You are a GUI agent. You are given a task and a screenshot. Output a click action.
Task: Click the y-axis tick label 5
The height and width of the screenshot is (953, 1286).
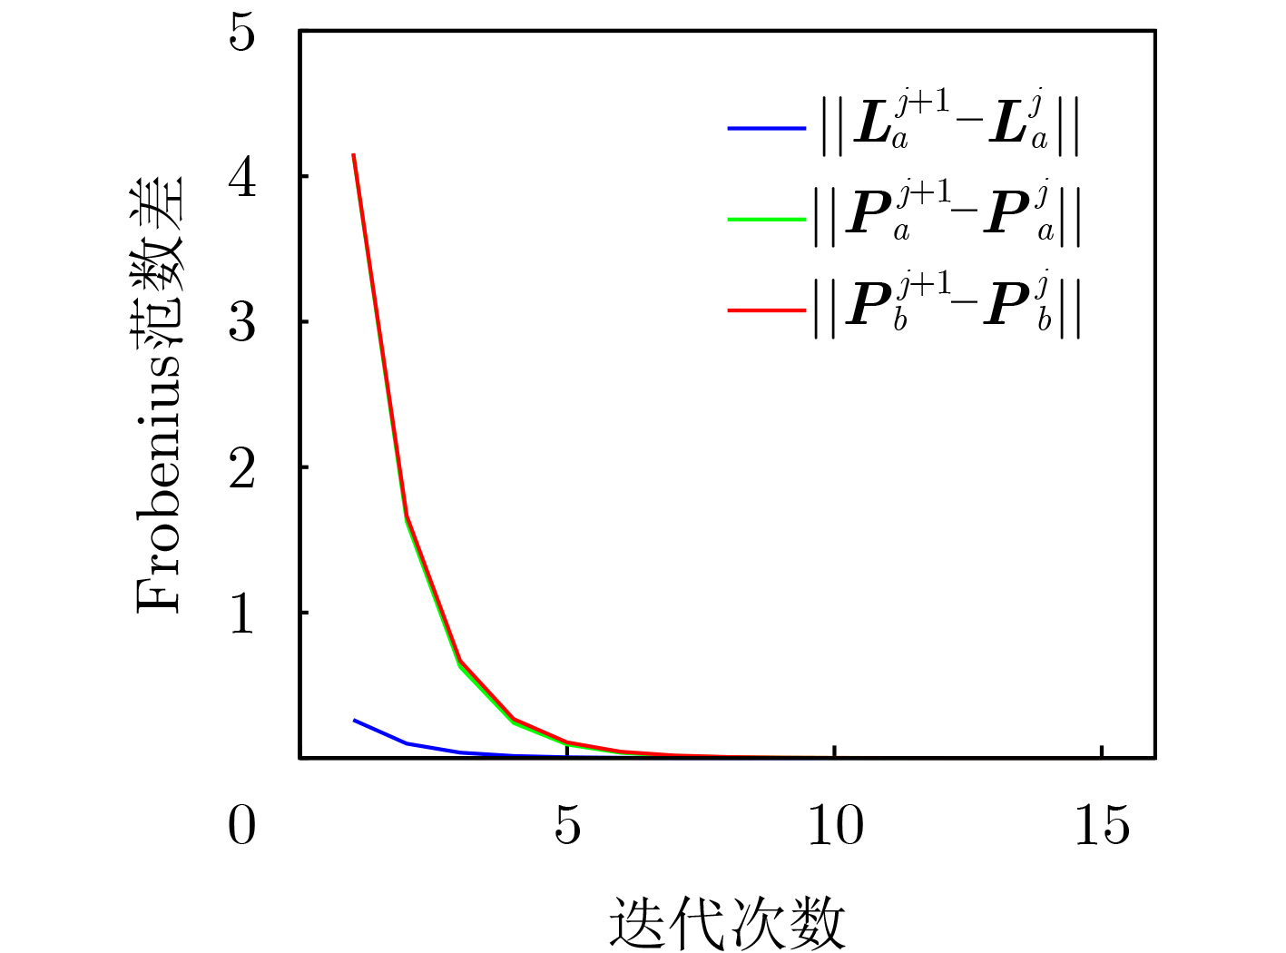(x=241, y=33)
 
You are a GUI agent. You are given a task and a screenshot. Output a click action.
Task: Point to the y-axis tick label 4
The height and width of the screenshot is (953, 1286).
(x=241, y=179)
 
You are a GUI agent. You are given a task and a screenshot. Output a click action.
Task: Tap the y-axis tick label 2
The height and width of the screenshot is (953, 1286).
(x=241, y=468)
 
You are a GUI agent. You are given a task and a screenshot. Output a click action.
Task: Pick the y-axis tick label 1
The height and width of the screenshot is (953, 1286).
(x=241, y=614)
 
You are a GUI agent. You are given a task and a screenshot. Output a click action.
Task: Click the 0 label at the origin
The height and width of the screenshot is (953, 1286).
(x=241, y=825)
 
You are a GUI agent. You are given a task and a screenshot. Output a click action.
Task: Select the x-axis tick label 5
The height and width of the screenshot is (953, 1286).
(x=567, y=825)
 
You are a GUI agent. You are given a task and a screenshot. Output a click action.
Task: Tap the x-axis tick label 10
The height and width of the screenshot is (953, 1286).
(x=836, y=825)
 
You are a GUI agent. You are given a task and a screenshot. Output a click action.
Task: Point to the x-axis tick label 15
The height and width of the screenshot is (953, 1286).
(x=1102, y=825)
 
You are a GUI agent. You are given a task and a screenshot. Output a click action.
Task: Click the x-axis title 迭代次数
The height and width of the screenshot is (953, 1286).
(x=727, y=921)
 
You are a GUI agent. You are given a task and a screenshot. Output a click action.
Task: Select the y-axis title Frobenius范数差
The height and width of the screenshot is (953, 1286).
(x=158, y=394)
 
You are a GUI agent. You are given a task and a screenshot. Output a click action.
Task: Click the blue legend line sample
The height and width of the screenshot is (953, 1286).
(x=767, y=128)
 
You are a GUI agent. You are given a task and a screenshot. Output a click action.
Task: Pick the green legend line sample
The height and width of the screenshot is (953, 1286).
(x=767, y=220)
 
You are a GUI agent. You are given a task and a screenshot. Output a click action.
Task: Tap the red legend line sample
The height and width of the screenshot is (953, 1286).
(x=767, y=311)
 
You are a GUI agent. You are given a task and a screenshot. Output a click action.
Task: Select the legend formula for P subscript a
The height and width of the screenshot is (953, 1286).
(x=947, y=216)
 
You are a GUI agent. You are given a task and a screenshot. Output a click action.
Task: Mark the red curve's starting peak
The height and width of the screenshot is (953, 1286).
(x=354, y=154)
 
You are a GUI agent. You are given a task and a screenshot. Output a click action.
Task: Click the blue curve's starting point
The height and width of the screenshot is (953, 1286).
(x=354, y=720)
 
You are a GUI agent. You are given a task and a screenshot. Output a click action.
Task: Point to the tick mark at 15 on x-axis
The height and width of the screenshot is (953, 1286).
(x=1102, y=752)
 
